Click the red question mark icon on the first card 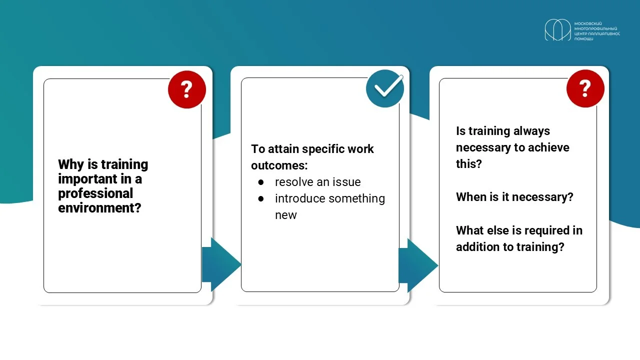pyautogui.click(x=187, y=89)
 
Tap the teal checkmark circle pyautogui.click(x=385, y=88)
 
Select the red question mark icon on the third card pyautogui.click(x=585, y=88)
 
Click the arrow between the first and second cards pyautogui.click(x=221, y=264)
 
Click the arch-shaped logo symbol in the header pyautogui.click(x=557, y=29)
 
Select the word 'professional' pyautogui.click(x=95, y=193)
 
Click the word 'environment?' pyautogui.click(x=99, y=207)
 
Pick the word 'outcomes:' pyautogui.click(x=279, y=165)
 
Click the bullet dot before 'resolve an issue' pyautogui.click(x=260, y=182)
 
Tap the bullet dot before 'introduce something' pyautogui.click(x=260, y=199)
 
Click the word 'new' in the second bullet pyautogui.click(x=285, y=215)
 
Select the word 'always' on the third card pyautogui.click(x=531, y=131)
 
